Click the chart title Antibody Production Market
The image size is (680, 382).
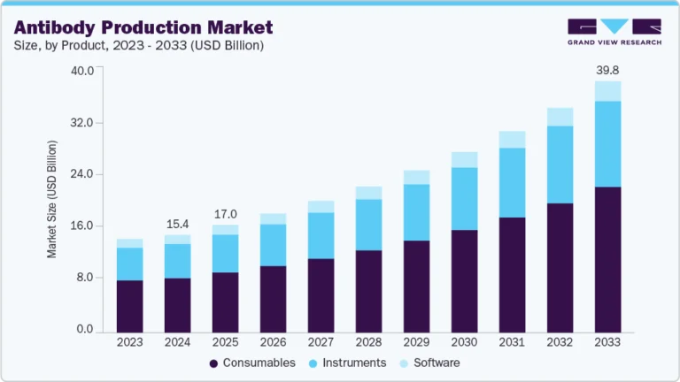(x=143, y=27)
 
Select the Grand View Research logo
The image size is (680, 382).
(x=614, y=31)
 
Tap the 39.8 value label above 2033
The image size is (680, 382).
(x=607, y=70)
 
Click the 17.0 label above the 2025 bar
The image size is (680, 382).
(x=225, y=214)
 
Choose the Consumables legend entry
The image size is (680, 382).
(x=252, y=363)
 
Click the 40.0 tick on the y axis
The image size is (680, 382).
(x=82, y=71)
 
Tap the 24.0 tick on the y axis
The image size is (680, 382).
(x=82, y=174)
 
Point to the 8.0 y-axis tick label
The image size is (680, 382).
(x=85, y=278)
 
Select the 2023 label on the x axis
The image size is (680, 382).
(x=129, y=342)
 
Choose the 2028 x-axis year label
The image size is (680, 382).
(x=368, y=342)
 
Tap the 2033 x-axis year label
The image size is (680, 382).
(x=607, y=342)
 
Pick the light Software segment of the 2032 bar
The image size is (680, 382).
(x=560, y=117)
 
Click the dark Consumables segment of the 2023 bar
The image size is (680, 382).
(x=129, y=305)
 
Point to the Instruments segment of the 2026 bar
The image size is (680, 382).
(x=273, y=245)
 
